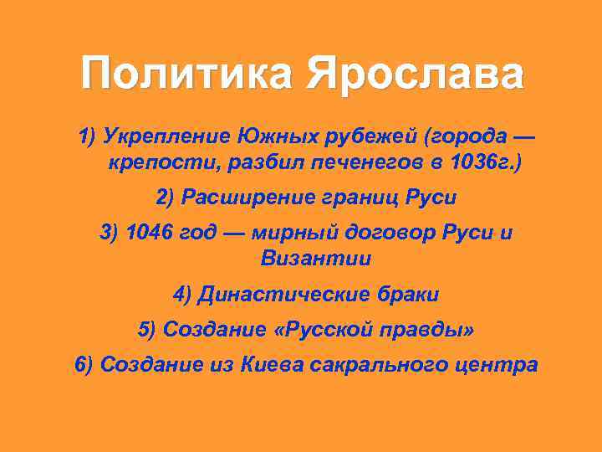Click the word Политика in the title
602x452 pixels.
pyautogui.click(x=187, y=74)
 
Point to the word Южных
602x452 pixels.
pyautogui.click(x=265, y=136)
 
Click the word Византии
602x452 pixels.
pyautogui.click(x=315, y=259)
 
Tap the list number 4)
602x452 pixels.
pyautogui.click(x=182, y=295)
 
